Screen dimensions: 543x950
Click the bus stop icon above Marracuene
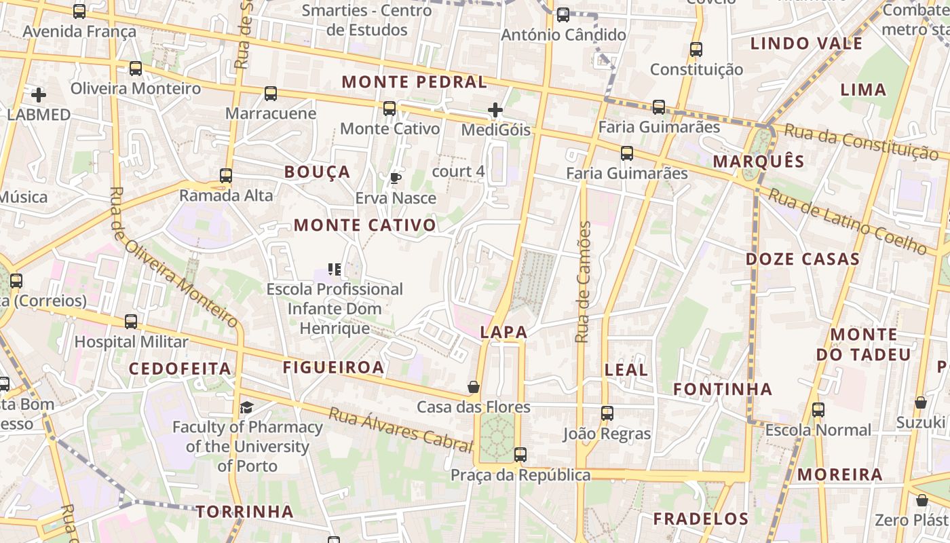click(271, 94)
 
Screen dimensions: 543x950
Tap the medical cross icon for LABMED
click(39, 95)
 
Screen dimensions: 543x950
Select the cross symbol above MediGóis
click(495, 109)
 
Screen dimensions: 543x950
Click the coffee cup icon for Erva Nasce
click(395, 179)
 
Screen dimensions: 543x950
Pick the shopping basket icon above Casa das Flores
click(474, 388)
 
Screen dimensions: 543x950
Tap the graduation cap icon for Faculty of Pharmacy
click(246, 407)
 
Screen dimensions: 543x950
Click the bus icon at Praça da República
click(520, 455)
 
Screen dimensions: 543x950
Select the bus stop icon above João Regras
click(607, 413)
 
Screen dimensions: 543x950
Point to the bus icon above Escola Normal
click(818, 410)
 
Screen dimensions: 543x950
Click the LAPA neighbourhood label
click(503, 332)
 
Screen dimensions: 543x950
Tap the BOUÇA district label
click(318, 172)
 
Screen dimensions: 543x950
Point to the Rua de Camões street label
click(583, 282)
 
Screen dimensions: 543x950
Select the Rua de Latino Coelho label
click(848, 221)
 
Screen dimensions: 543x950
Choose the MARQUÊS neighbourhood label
click(759, 162)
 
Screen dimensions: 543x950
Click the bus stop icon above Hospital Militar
click(131, 322)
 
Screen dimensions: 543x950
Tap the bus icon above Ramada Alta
click(226, 176)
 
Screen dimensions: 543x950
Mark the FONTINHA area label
click(723, 389)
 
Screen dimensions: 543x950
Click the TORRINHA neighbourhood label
click(245, 512)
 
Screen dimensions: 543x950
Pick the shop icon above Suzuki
click(920, 402)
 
